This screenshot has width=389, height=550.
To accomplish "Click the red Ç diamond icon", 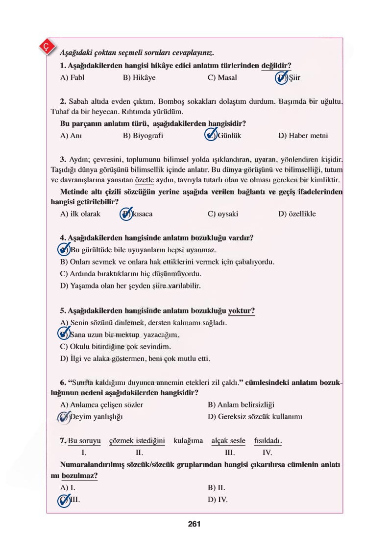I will pos(46,47).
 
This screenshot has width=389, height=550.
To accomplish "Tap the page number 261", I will pos(194,524).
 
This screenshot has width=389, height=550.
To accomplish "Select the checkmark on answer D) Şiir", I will pos(282,77).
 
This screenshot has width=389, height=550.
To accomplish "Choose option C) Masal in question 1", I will pos(222,78).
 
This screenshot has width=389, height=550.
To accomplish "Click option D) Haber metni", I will pos(303,136).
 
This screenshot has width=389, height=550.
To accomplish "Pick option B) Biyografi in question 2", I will pos(143,136).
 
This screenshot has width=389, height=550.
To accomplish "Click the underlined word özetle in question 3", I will pos(144,180).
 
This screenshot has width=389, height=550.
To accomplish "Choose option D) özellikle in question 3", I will pos(297,214).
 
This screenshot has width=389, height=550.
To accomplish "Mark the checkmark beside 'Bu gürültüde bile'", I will pos(64,250).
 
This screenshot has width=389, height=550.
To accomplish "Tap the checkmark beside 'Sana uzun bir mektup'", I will pos(64,335).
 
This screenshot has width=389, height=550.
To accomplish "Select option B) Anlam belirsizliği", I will pos(241,405).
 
